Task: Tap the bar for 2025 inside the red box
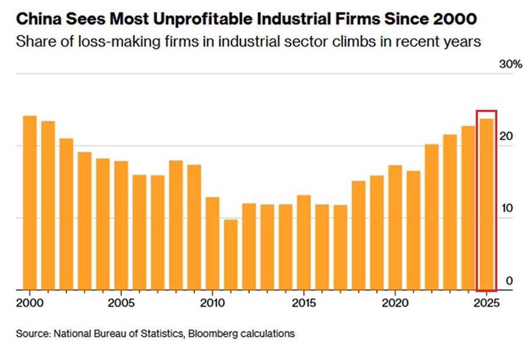tap(486, 204)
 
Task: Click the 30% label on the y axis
tap(511, 65)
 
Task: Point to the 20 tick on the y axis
tap(506, 136)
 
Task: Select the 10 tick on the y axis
tap(506, 209)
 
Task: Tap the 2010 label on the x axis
tap(211, 303)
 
